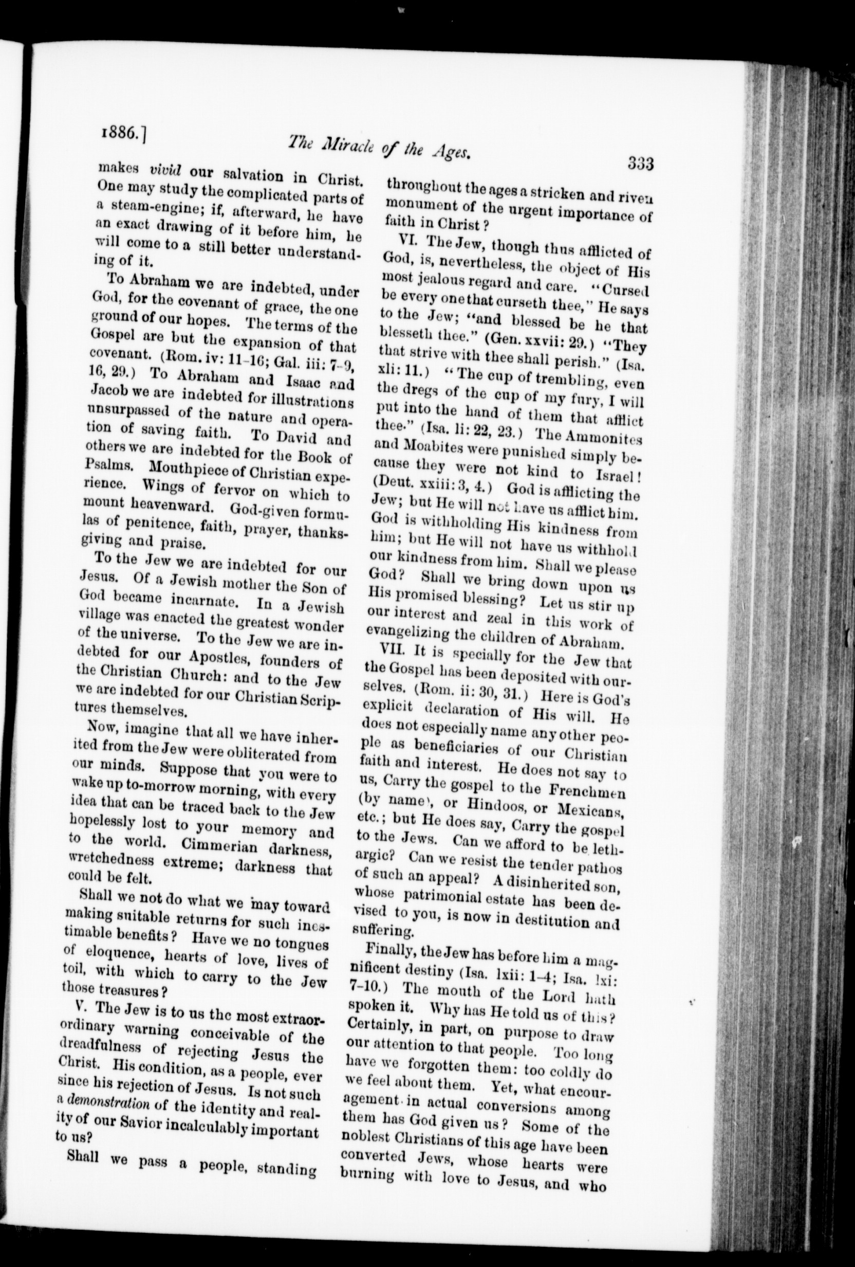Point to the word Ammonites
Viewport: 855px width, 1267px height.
[606, 438]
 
